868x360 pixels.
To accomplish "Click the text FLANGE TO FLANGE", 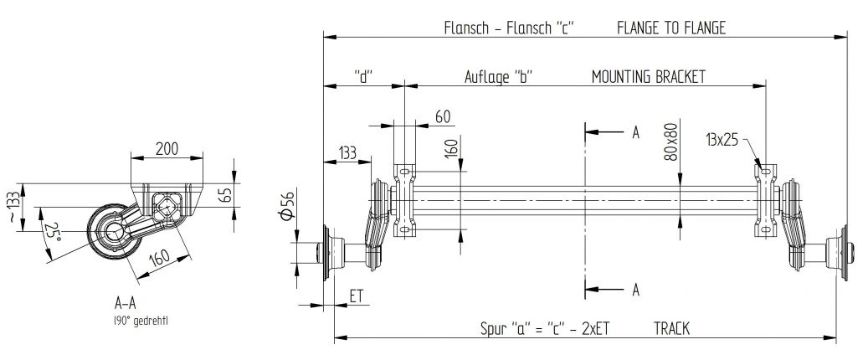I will (x=670, y=28).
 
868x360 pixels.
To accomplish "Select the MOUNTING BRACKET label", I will (x=648, y=76).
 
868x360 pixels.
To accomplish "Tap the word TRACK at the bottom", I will (x=672, y=329).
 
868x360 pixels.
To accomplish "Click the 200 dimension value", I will (x=167, y=149).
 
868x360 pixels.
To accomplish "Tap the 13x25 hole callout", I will (x=722, y=140).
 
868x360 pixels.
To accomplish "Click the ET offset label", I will (x=355, y=296).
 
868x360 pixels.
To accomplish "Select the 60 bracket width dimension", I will (x=443, y=116).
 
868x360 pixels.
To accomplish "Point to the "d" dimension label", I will (x=363, y=76).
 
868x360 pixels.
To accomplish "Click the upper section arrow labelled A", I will (x=635, y=132).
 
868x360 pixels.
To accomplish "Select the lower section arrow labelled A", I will (x=635, y=290).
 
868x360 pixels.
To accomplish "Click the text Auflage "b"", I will (x=499, y=76).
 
